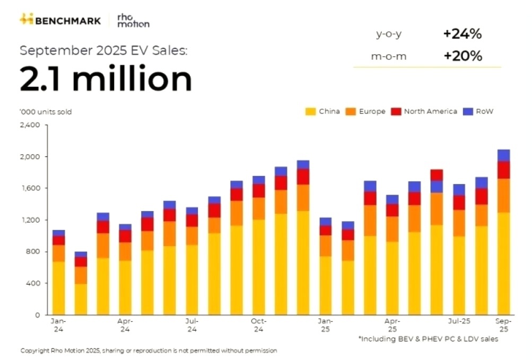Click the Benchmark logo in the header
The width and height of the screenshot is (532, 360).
pos(62,20)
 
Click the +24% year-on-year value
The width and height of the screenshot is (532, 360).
pos(462,34)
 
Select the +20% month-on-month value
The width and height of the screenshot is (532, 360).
pos(462,56)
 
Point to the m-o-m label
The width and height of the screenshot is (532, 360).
pos(389,56)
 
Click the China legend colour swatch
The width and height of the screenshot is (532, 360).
pos(310,111)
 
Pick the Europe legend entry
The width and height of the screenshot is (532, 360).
pos(365,111)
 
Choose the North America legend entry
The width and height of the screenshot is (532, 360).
pos(424,111)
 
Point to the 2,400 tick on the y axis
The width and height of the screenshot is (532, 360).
pos(30,125)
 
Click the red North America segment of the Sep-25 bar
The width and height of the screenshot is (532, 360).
pos(504,170)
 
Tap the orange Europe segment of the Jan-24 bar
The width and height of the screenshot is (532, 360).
pos(59,253)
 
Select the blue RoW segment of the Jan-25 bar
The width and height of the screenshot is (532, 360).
pos(325,222)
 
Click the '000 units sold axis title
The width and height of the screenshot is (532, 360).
pos(46,112)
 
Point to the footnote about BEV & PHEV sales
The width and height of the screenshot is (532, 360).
pos(428,339)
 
